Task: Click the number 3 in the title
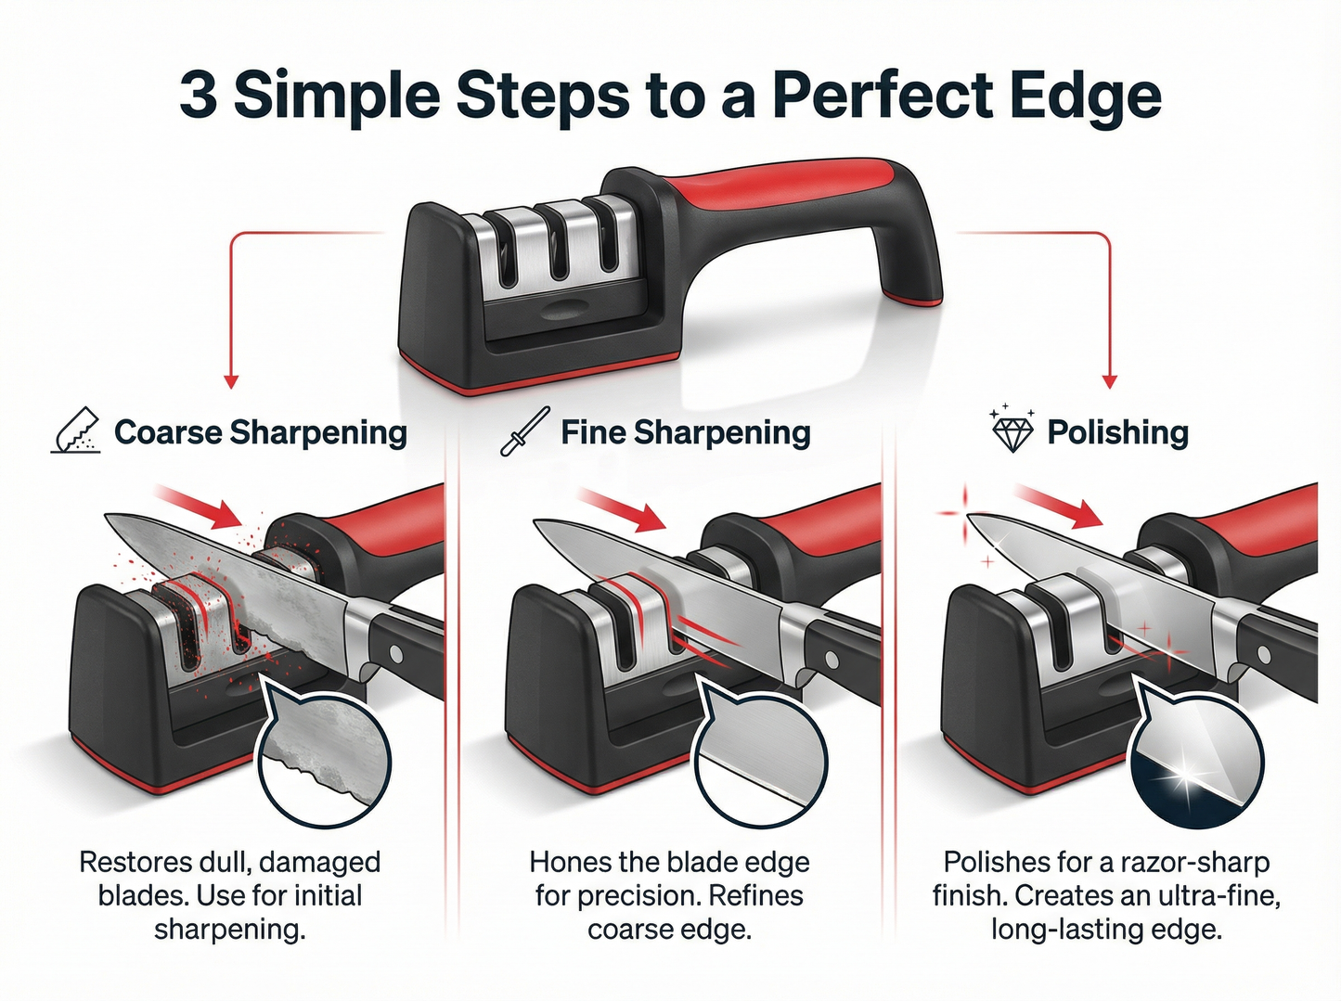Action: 199,96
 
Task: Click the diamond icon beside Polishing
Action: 1012,431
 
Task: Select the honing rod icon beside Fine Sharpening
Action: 525,431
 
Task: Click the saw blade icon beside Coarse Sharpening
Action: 75,431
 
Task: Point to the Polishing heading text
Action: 1117,432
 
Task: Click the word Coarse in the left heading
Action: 167,432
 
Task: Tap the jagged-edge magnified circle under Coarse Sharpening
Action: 324,762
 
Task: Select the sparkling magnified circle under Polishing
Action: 1196,762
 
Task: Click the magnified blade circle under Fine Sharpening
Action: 760,762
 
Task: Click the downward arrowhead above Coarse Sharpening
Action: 232,381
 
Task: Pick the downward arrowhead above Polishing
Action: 1109,381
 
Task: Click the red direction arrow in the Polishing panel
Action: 1058,505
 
